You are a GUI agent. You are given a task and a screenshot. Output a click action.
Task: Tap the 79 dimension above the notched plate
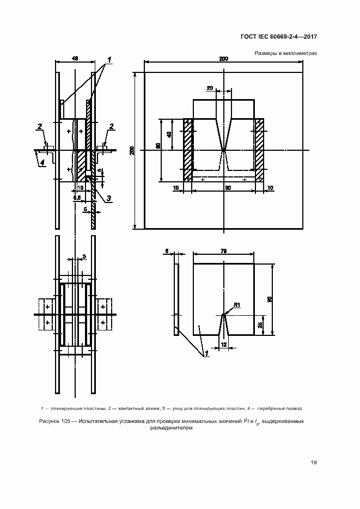pos(224,250)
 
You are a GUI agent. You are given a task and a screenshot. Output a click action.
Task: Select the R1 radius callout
pos(236,304)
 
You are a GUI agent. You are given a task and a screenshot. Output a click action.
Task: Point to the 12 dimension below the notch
pos(224,345)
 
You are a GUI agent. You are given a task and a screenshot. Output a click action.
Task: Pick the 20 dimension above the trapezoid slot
pos(210,87)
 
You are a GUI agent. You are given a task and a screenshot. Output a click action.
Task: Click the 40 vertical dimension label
pos(169,134)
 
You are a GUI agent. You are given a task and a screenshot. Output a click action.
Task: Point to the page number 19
pos(314,463)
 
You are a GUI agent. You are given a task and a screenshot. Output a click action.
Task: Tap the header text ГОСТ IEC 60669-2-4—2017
pos(279,36)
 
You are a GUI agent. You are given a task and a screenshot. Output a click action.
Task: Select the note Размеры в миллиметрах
pos(285,53)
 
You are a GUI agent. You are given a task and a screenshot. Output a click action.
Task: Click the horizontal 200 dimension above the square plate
pos(224,58)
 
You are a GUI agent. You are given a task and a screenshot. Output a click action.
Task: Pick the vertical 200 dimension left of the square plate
pos(131,150)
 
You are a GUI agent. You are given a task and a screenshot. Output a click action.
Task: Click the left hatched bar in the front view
pos(188,149)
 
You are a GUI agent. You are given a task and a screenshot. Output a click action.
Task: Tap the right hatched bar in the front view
pos(259,149)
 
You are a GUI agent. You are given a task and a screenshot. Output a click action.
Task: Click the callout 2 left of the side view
pos(40,127)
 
